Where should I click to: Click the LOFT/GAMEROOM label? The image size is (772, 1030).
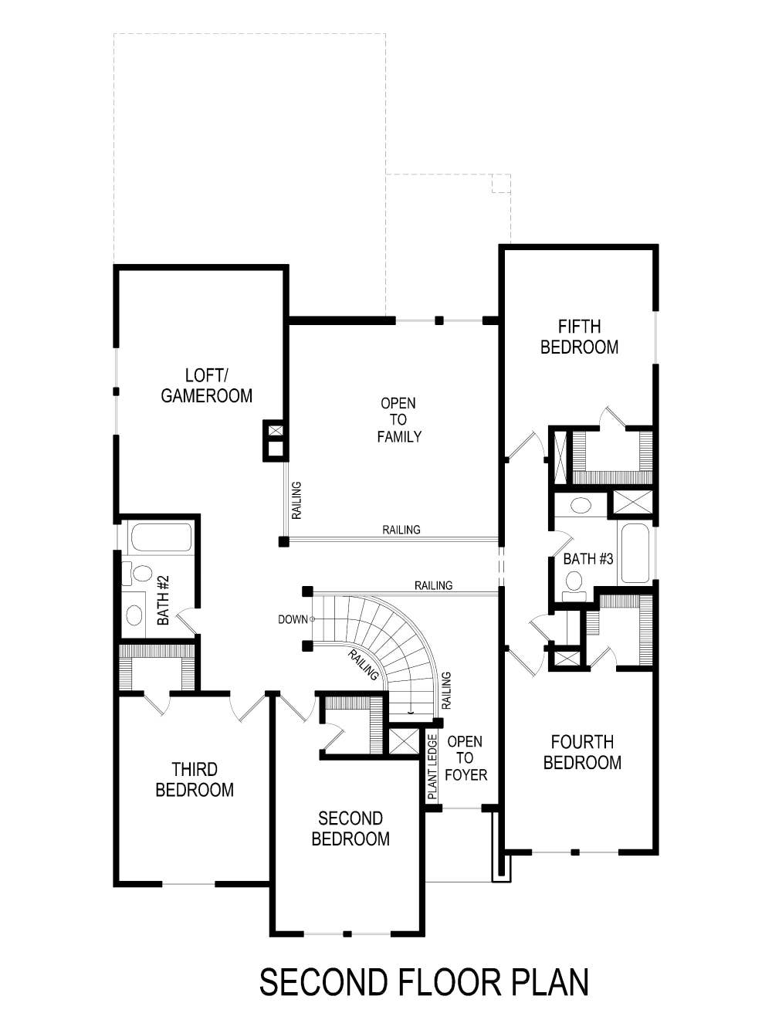(x=206, y=385)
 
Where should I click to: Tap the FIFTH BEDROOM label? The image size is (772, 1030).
(x=579, y=337)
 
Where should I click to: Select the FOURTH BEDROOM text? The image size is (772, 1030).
(x=582, y=752)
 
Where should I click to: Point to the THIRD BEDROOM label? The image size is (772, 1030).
(x=195, y=779)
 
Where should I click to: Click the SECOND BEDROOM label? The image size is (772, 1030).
(x=350, y=828)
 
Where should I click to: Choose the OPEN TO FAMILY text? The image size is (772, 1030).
(x=398, y=419)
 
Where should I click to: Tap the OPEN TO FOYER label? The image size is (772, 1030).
(x=465, y=757)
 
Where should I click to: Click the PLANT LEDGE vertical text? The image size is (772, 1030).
(x=432, y=766)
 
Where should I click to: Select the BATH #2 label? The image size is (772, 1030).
(x=164, y=600)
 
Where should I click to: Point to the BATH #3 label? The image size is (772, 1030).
(x=587, y=558)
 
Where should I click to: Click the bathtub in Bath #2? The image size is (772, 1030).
(x=161, y=537)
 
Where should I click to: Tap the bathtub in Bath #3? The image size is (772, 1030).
(x=635, y=553)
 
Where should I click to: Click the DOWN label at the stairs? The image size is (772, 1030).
(x=293, y=619)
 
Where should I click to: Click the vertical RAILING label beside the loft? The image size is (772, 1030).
(x=296, y=500)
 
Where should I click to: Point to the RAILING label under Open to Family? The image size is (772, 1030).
(x=401, y=530)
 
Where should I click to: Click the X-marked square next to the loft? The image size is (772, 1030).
(x=276, y=431)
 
